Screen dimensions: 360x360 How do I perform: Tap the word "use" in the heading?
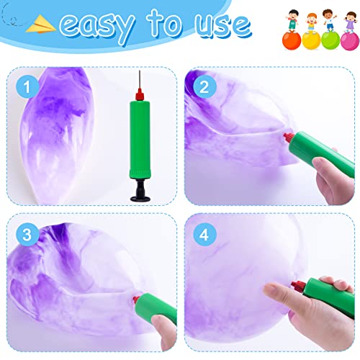click(x=220, y=27)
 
